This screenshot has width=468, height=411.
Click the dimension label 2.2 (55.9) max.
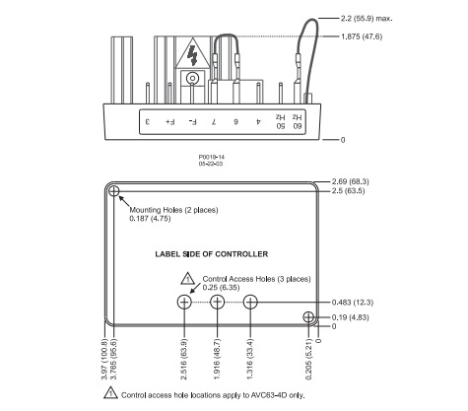coord(367,19)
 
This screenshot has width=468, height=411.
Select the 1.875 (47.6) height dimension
coord(362,36)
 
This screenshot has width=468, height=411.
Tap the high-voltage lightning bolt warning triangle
coord(193,54)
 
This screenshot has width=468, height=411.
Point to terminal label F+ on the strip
coord(169,122)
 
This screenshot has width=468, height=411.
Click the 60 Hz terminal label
coord(297,122)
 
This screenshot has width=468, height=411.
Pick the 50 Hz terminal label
coord(280,122)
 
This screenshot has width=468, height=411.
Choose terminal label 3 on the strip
coord(148,122)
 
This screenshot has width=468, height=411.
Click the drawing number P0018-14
coord(212,158)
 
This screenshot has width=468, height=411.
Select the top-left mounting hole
coord(113,191)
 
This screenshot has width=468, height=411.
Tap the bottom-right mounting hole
coord(308,317)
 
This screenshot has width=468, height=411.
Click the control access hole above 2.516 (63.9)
coord(184,302)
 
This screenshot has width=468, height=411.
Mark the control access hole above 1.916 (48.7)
coord(217,302)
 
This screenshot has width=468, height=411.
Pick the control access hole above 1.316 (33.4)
coord(250,302)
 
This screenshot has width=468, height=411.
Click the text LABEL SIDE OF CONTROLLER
coord(212,254)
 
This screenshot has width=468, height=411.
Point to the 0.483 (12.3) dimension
coord(353,303)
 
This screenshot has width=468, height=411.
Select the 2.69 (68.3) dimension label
coord(351,181)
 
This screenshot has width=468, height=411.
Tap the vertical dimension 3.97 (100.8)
coord(104,359)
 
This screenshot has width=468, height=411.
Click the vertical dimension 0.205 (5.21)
coord(308,359)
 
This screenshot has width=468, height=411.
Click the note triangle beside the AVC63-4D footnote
coord(110,393)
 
